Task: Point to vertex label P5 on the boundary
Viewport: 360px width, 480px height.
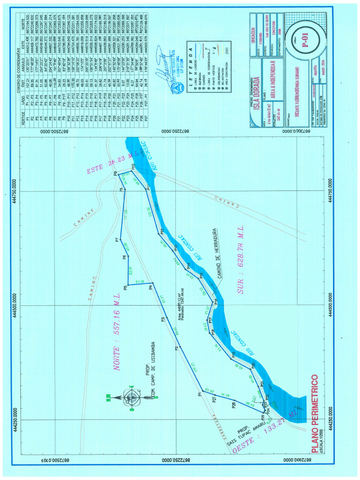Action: coord(126,287)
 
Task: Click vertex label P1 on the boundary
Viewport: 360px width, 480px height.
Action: coord(199,394)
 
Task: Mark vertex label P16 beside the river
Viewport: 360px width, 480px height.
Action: coord(216,301)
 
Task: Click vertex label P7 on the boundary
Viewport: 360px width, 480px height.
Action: coord(116,240)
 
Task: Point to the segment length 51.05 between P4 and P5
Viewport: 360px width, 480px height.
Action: coord(139,282)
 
